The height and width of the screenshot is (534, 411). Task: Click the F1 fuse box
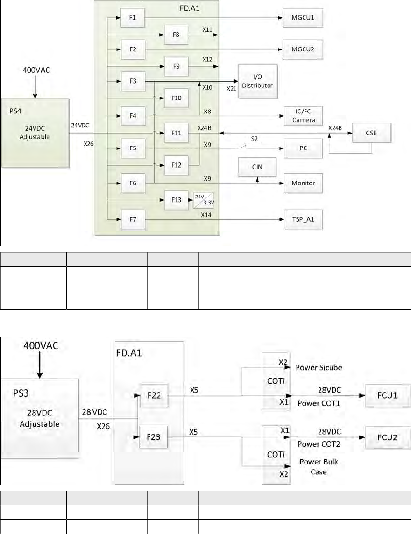[x=133, y=18]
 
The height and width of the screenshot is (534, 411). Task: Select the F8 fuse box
[x=176, y=34]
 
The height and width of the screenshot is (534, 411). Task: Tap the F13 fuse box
[x=176, y=200]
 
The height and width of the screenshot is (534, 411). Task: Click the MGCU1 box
[x=304, y=18]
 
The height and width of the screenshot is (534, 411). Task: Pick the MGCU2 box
[x=304, y=49]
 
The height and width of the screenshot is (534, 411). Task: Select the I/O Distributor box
[x=258, y=81]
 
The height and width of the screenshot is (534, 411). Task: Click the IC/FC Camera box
[x=304, y=116]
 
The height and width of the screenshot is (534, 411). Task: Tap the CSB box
[x=372, y=133]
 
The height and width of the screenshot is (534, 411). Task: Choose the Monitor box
[x=304, y=183]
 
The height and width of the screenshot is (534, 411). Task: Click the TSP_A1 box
[x=304, y=218]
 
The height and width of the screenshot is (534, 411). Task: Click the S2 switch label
[x=255, y=140]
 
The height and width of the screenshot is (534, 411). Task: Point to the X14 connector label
[x=206, y=214]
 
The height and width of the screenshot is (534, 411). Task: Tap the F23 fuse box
[x=154, y=438]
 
